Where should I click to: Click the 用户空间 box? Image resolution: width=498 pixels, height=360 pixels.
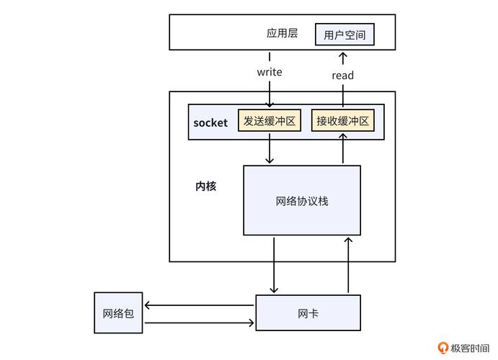click(344, 34)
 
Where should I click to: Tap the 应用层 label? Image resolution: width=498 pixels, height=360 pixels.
click(282, 33)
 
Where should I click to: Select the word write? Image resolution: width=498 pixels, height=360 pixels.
click(270, 72)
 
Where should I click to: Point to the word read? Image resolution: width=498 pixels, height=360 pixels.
click(342, 75)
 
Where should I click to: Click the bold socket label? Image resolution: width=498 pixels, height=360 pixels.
click(210, 122)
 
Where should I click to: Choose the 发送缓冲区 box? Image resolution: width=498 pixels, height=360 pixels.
click(270, 121)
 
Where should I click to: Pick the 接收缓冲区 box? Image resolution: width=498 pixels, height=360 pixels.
click(342, 121)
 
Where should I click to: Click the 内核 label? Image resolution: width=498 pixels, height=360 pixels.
click(206, 186)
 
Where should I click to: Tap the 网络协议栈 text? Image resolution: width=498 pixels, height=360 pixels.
click(302, 201)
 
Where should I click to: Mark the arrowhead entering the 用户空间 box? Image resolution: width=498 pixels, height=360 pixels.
click(342, 55)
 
